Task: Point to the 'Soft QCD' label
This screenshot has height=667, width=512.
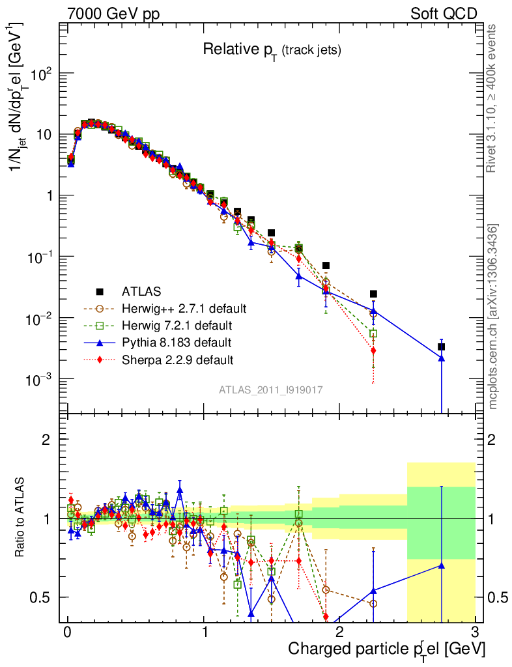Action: pos(444,14)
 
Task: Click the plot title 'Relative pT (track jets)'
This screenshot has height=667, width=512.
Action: pos(272,50)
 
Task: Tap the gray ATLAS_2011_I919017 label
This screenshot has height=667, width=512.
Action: pos(271,390)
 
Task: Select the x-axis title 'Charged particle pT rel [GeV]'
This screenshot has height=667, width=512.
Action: pos(386,649)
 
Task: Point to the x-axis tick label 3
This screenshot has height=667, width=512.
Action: pos(474,632)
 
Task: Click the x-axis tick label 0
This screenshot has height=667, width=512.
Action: pos(67,632)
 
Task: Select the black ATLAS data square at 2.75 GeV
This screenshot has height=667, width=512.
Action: pos(442,347)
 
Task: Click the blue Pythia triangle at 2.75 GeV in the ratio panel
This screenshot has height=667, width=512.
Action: pos(442,565)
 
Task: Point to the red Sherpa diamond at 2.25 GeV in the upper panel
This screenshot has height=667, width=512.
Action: pos(373,350)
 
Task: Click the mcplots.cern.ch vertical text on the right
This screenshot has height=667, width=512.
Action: pos(493,316)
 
